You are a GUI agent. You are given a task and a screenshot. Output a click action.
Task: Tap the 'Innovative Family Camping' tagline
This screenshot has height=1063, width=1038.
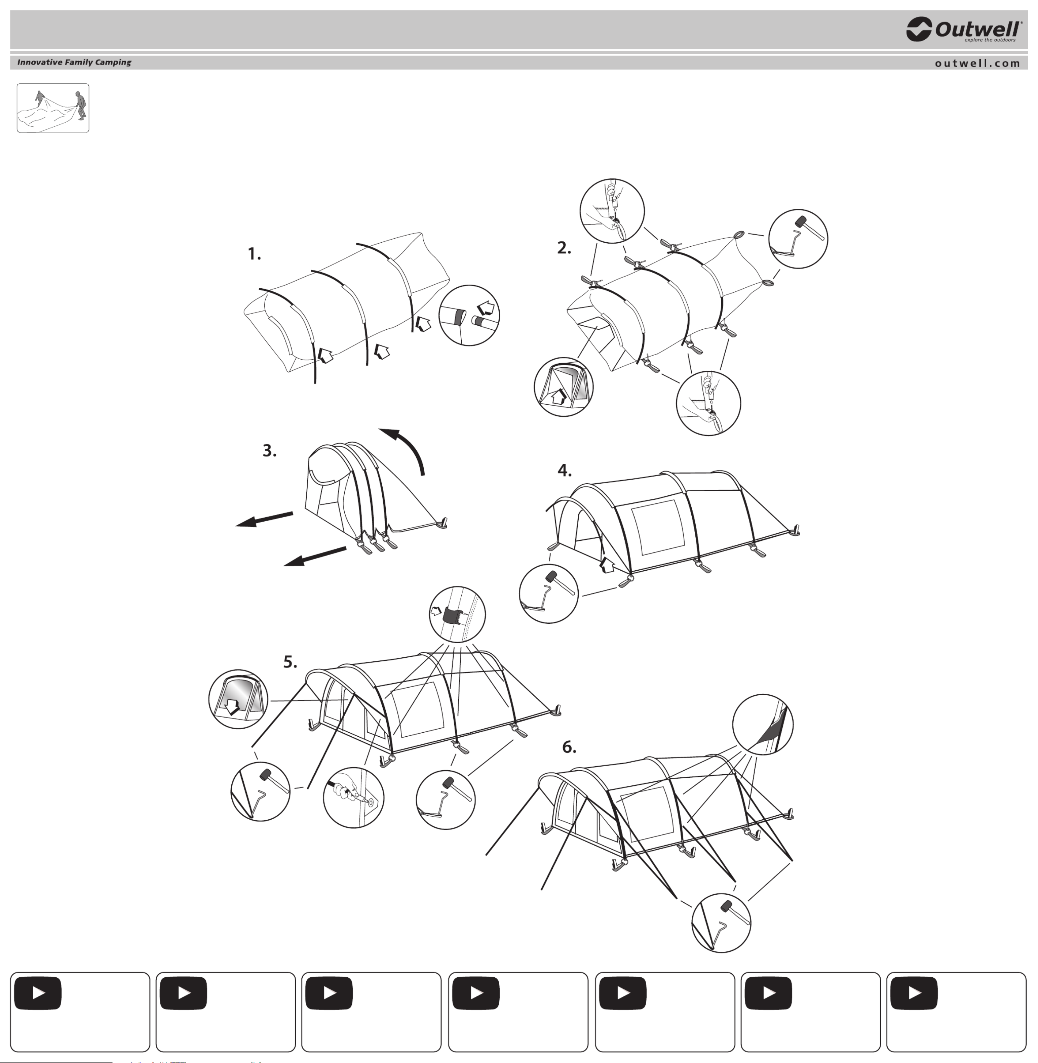(74, 62)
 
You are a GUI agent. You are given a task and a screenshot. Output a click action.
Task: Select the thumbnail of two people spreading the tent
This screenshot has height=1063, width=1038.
(53, 108)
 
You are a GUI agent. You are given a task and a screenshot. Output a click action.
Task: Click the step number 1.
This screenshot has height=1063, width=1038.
(254, 254)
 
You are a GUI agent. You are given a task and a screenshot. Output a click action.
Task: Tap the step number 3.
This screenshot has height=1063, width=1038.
(269, 451)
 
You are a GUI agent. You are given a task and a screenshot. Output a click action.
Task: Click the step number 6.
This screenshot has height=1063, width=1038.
(569, 747)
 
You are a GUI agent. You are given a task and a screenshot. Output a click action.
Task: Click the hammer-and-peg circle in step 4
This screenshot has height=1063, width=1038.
(548, 594)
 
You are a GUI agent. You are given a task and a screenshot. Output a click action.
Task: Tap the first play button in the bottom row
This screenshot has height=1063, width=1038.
(38, 993)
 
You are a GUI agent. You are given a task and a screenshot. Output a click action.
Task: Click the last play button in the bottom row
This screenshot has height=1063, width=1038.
(914, 993)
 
